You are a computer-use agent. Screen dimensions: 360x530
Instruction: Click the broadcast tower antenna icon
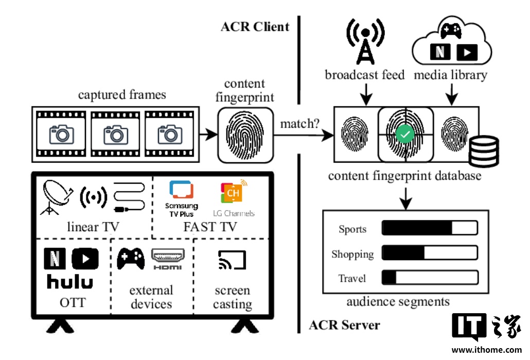366,43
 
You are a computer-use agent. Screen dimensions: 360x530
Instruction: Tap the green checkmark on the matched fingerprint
405,135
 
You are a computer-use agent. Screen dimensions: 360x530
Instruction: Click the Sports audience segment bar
429,228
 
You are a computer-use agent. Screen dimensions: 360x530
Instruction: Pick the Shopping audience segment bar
429,253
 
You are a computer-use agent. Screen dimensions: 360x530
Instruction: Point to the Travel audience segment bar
429,278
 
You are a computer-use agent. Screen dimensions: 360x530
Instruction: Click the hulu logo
70,282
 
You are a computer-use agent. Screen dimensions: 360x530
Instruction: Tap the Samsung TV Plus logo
181,199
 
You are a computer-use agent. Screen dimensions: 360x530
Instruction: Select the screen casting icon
233,260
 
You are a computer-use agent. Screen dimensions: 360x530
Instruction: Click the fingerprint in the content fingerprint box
244,134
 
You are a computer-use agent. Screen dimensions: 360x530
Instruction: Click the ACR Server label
344,325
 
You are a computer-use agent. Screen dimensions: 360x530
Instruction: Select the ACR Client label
255,27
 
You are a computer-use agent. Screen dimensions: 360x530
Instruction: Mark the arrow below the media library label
452,94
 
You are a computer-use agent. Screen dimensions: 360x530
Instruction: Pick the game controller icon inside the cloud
451,30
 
